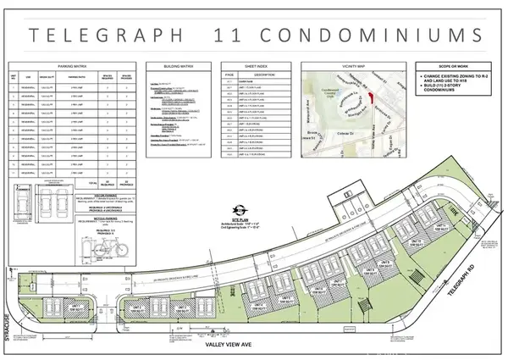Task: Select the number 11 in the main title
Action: click(x=240, y=36)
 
